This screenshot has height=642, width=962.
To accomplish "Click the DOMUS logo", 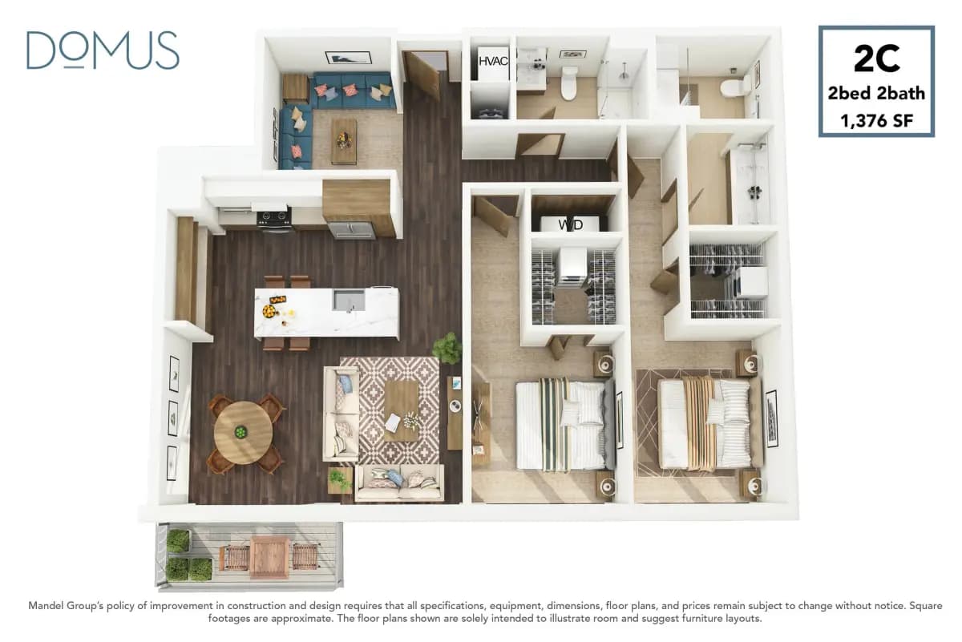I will [x=103, y=50].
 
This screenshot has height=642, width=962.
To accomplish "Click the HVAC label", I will [x=493, y=61].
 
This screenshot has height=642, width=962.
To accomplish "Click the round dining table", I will [x=242, y=432].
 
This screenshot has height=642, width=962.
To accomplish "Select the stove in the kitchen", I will [x=274, y=218].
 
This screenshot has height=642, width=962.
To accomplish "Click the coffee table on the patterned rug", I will [x=402, y=410].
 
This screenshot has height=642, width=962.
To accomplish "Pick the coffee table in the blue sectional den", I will [x=344, y=140].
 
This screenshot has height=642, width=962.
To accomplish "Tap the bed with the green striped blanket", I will [x=561, y=425].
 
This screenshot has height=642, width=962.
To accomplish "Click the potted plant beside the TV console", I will [x=447, y=349].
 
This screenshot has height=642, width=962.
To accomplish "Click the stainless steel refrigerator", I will [x=351, y=230].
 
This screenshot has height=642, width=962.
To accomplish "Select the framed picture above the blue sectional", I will [x=348, y=58].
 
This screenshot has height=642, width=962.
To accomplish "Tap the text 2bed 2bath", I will [x=876, y=94].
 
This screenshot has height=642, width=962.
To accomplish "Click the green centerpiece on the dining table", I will [x=240, y=432].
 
